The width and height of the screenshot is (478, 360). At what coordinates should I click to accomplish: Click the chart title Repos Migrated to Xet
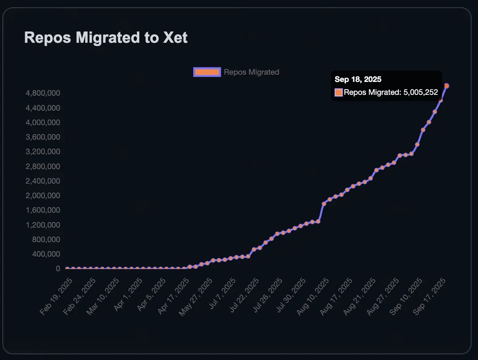106,38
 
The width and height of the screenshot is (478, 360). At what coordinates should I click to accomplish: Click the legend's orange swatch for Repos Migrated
207,72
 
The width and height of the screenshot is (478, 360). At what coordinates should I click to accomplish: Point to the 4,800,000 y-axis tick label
43,93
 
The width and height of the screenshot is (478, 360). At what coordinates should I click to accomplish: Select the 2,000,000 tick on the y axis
43,196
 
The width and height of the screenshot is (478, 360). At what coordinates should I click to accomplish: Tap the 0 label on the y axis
58,269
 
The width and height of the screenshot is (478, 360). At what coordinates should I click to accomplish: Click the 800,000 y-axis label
46,240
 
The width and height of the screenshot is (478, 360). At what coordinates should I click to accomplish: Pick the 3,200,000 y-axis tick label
43,152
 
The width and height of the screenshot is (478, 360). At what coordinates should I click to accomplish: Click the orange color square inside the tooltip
339,92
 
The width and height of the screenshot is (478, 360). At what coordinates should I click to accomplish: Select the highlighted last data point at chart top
447,86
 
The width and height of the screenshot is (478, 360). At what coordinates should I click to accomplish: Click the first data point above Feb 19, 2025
67,269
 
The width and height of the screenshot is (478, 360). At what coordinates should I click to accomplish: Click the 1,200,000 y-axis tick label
43,225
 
